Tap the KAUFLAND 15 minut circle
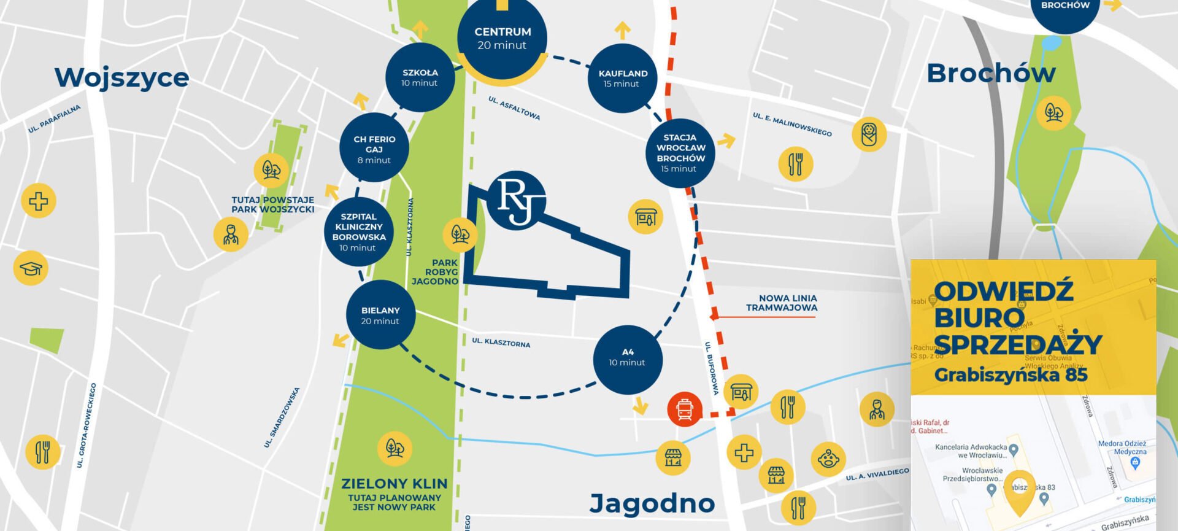[622, 78]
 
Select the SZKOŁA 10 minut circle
[420, 77]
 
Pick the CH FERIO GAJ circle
[374, 148]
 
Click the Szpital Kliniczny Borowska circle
[358, 231]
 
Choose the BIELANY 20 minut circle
[380, 315]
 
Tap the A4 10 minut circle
[627, 359]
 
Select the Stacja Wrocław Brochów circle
[680, 153]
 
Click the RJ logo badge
[516, 200]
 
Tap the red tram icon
[685, 409]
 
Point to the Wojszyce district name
[122, 78]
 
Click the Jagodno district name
[652, 503]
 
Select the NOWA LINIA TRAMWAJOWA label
[781, 303]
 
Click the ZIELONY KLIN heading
[394, 484]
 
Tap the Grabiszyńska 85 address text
[1010, 374]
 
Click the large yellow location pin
[1019, 491]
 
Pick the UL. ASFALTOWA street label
[514, 108]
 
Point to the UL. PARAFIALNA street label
[54, 119]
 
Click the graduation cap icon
[31, 268]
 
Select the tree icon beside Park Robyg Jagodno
[460, 234]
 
